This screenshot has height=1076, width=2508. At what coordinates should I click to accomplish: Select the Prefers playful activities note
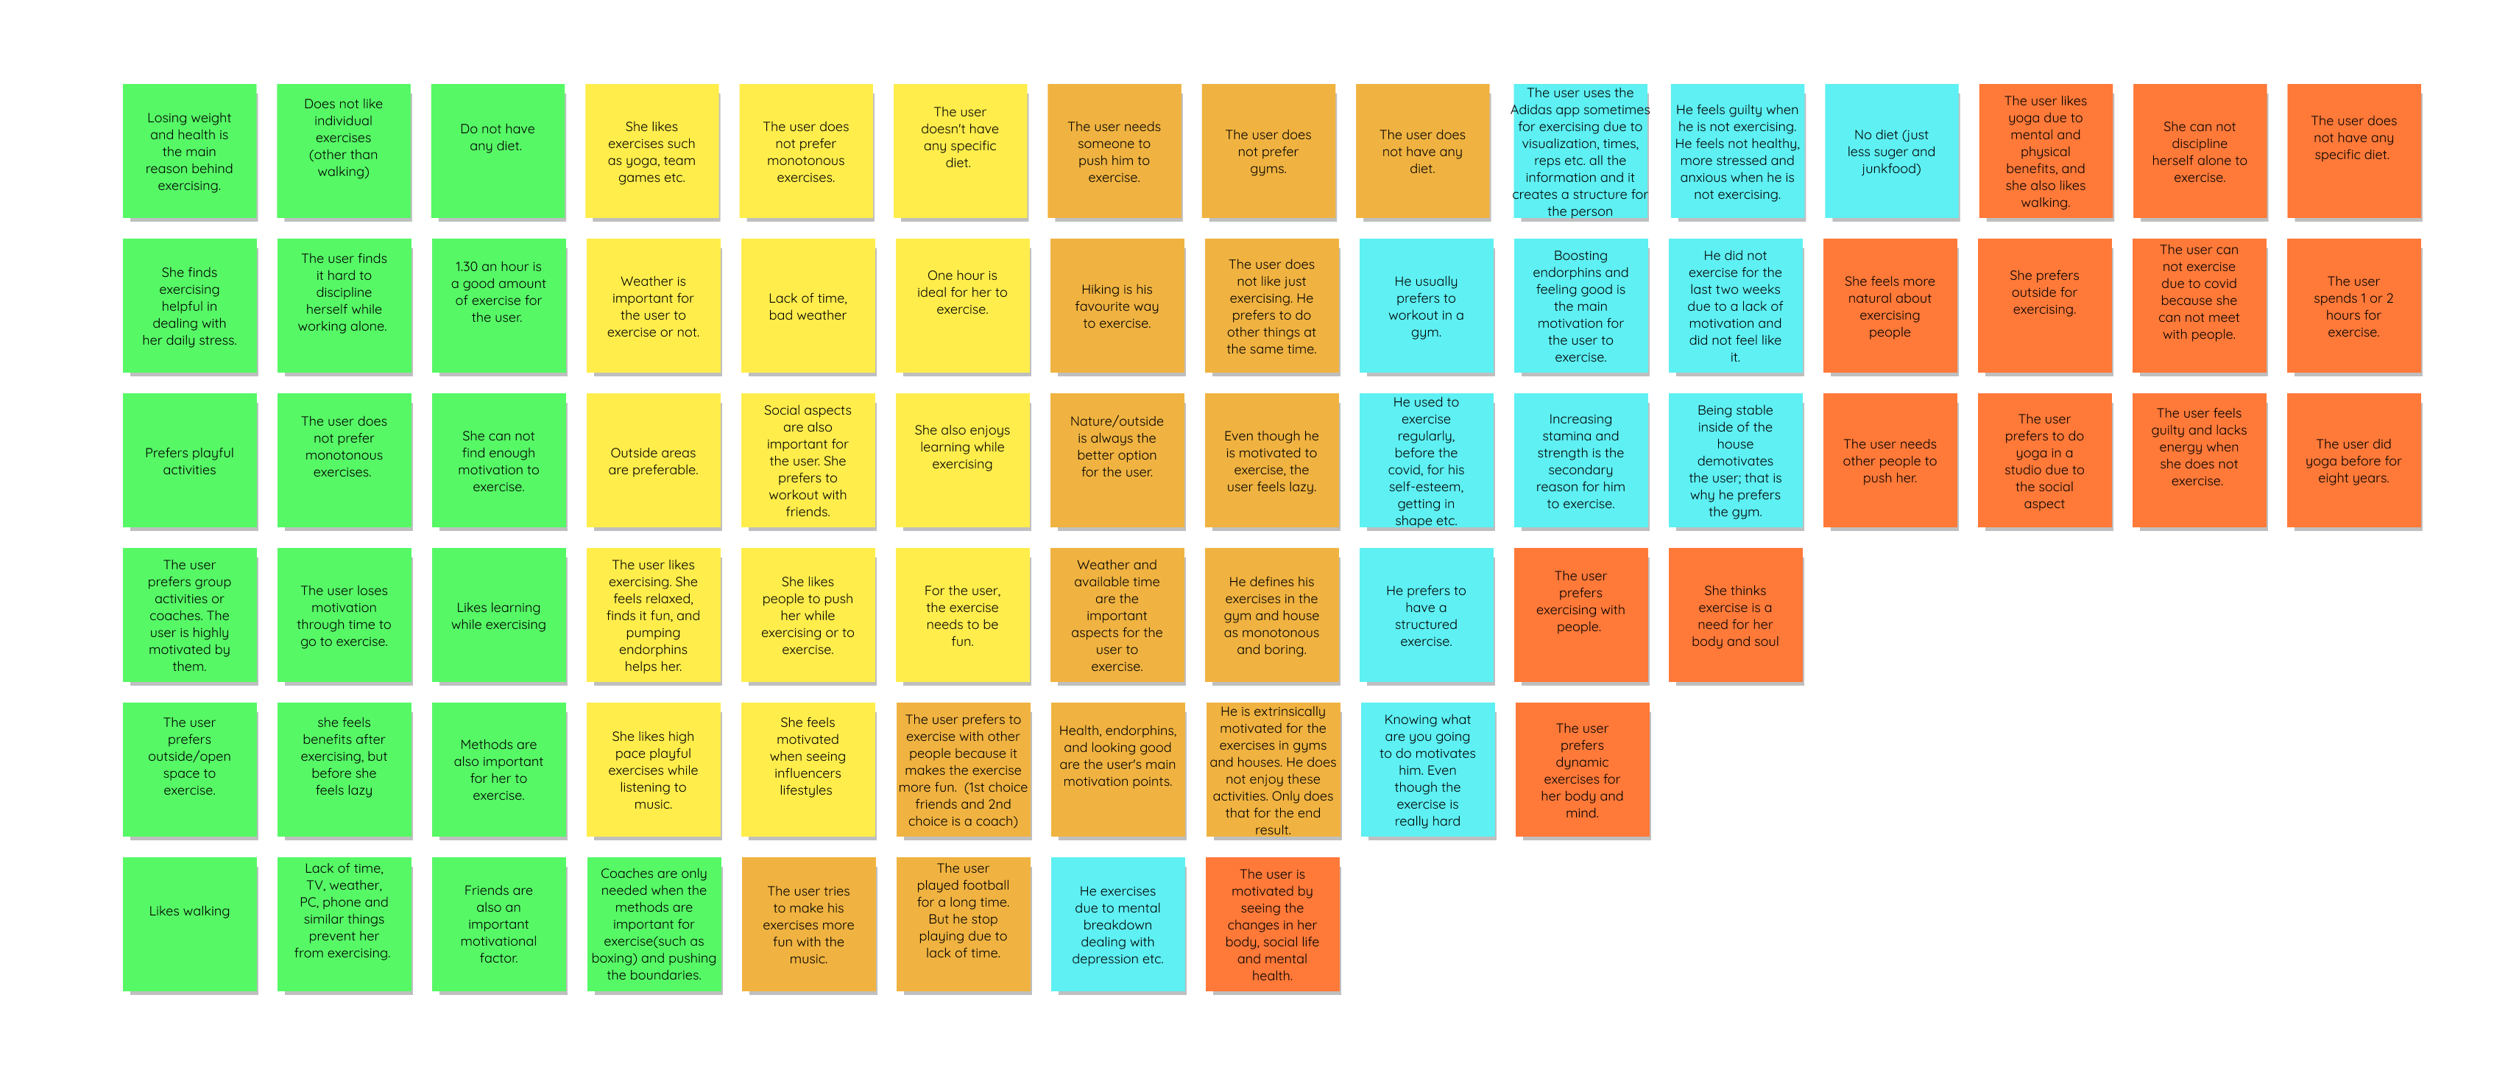(189, 460)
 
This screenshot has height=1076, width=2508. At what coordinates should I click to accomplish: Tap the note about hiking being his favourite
(1117, 305)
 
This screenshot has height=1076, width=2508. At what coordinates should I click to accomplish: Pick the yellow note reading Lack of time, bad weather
(807, 305)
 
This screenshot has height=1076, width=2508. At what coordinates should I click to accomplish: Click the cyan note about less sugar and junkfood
(1890, 151)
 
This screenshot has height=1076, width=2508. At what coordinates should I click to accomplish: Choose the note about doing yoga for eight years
(2353, 460)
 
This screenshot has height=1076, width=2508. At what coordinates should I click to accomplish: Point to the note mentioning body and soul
(1735, 614)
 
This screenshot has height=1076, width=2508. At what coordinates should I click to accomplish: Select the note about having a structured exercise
(1425, 614)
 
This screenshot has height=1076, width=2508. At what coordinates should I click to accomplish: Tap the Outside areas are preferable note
(652, 460)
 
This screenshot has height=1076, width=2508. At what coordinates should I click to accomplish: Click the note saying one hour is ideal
(962, 305)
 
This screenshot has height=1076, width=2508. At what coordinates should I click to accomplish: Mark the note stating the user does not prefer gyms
(1268, 151)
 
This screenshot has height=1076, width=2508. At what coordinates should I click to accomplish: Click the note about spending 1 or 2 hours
(2353, 305)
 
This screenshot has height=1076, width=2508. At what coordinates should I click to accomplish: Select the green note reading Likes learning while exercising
(498, 614)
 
